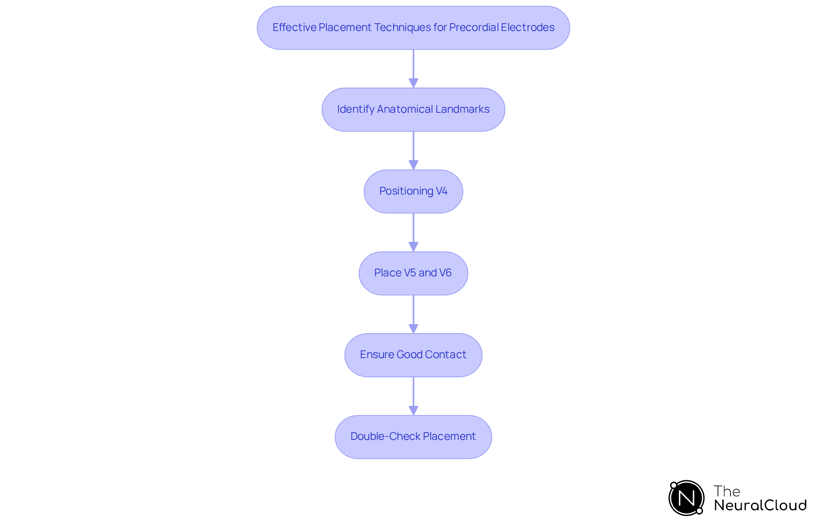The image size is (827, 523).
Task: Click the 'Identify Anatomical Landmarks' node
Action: (413, 110)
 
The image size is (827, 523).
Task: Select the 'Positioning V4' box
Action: (413, 192)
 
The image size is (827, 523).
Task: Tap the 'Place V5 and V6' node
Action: (413, 273)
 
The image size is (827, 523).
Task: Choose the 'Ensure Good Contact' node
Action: (413, 355)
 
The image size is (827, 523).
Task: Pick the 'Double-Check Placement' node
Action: (413, 437)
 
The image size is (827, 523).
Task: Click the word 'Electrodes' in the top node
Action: (528, 28)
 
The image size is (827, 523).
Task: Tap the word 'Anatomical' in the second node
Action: (405, 109)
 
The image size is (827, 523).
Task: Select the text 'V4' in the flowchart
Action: (441, 191)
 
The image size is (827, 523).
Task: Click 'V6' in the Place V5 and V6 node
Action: (445, 273)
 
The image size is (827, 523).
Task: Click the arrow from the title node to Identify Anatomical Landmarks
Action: (413, 69)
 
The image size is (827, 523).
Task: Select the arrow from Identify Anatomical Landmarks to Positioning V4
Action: (413, 151)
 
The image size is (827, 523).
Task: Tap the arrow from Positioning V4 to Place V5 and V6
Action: (413, 232)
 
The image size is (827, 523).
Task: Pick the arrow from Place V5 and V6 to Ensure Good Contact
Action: (413, 314)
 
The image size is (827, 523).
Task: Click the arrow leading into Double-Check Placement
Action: (413, 396)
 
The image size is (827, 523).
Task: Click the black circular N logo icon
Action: (686, 498)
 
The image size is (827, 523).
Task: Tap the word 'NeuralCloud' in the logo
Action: (760, 505)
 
